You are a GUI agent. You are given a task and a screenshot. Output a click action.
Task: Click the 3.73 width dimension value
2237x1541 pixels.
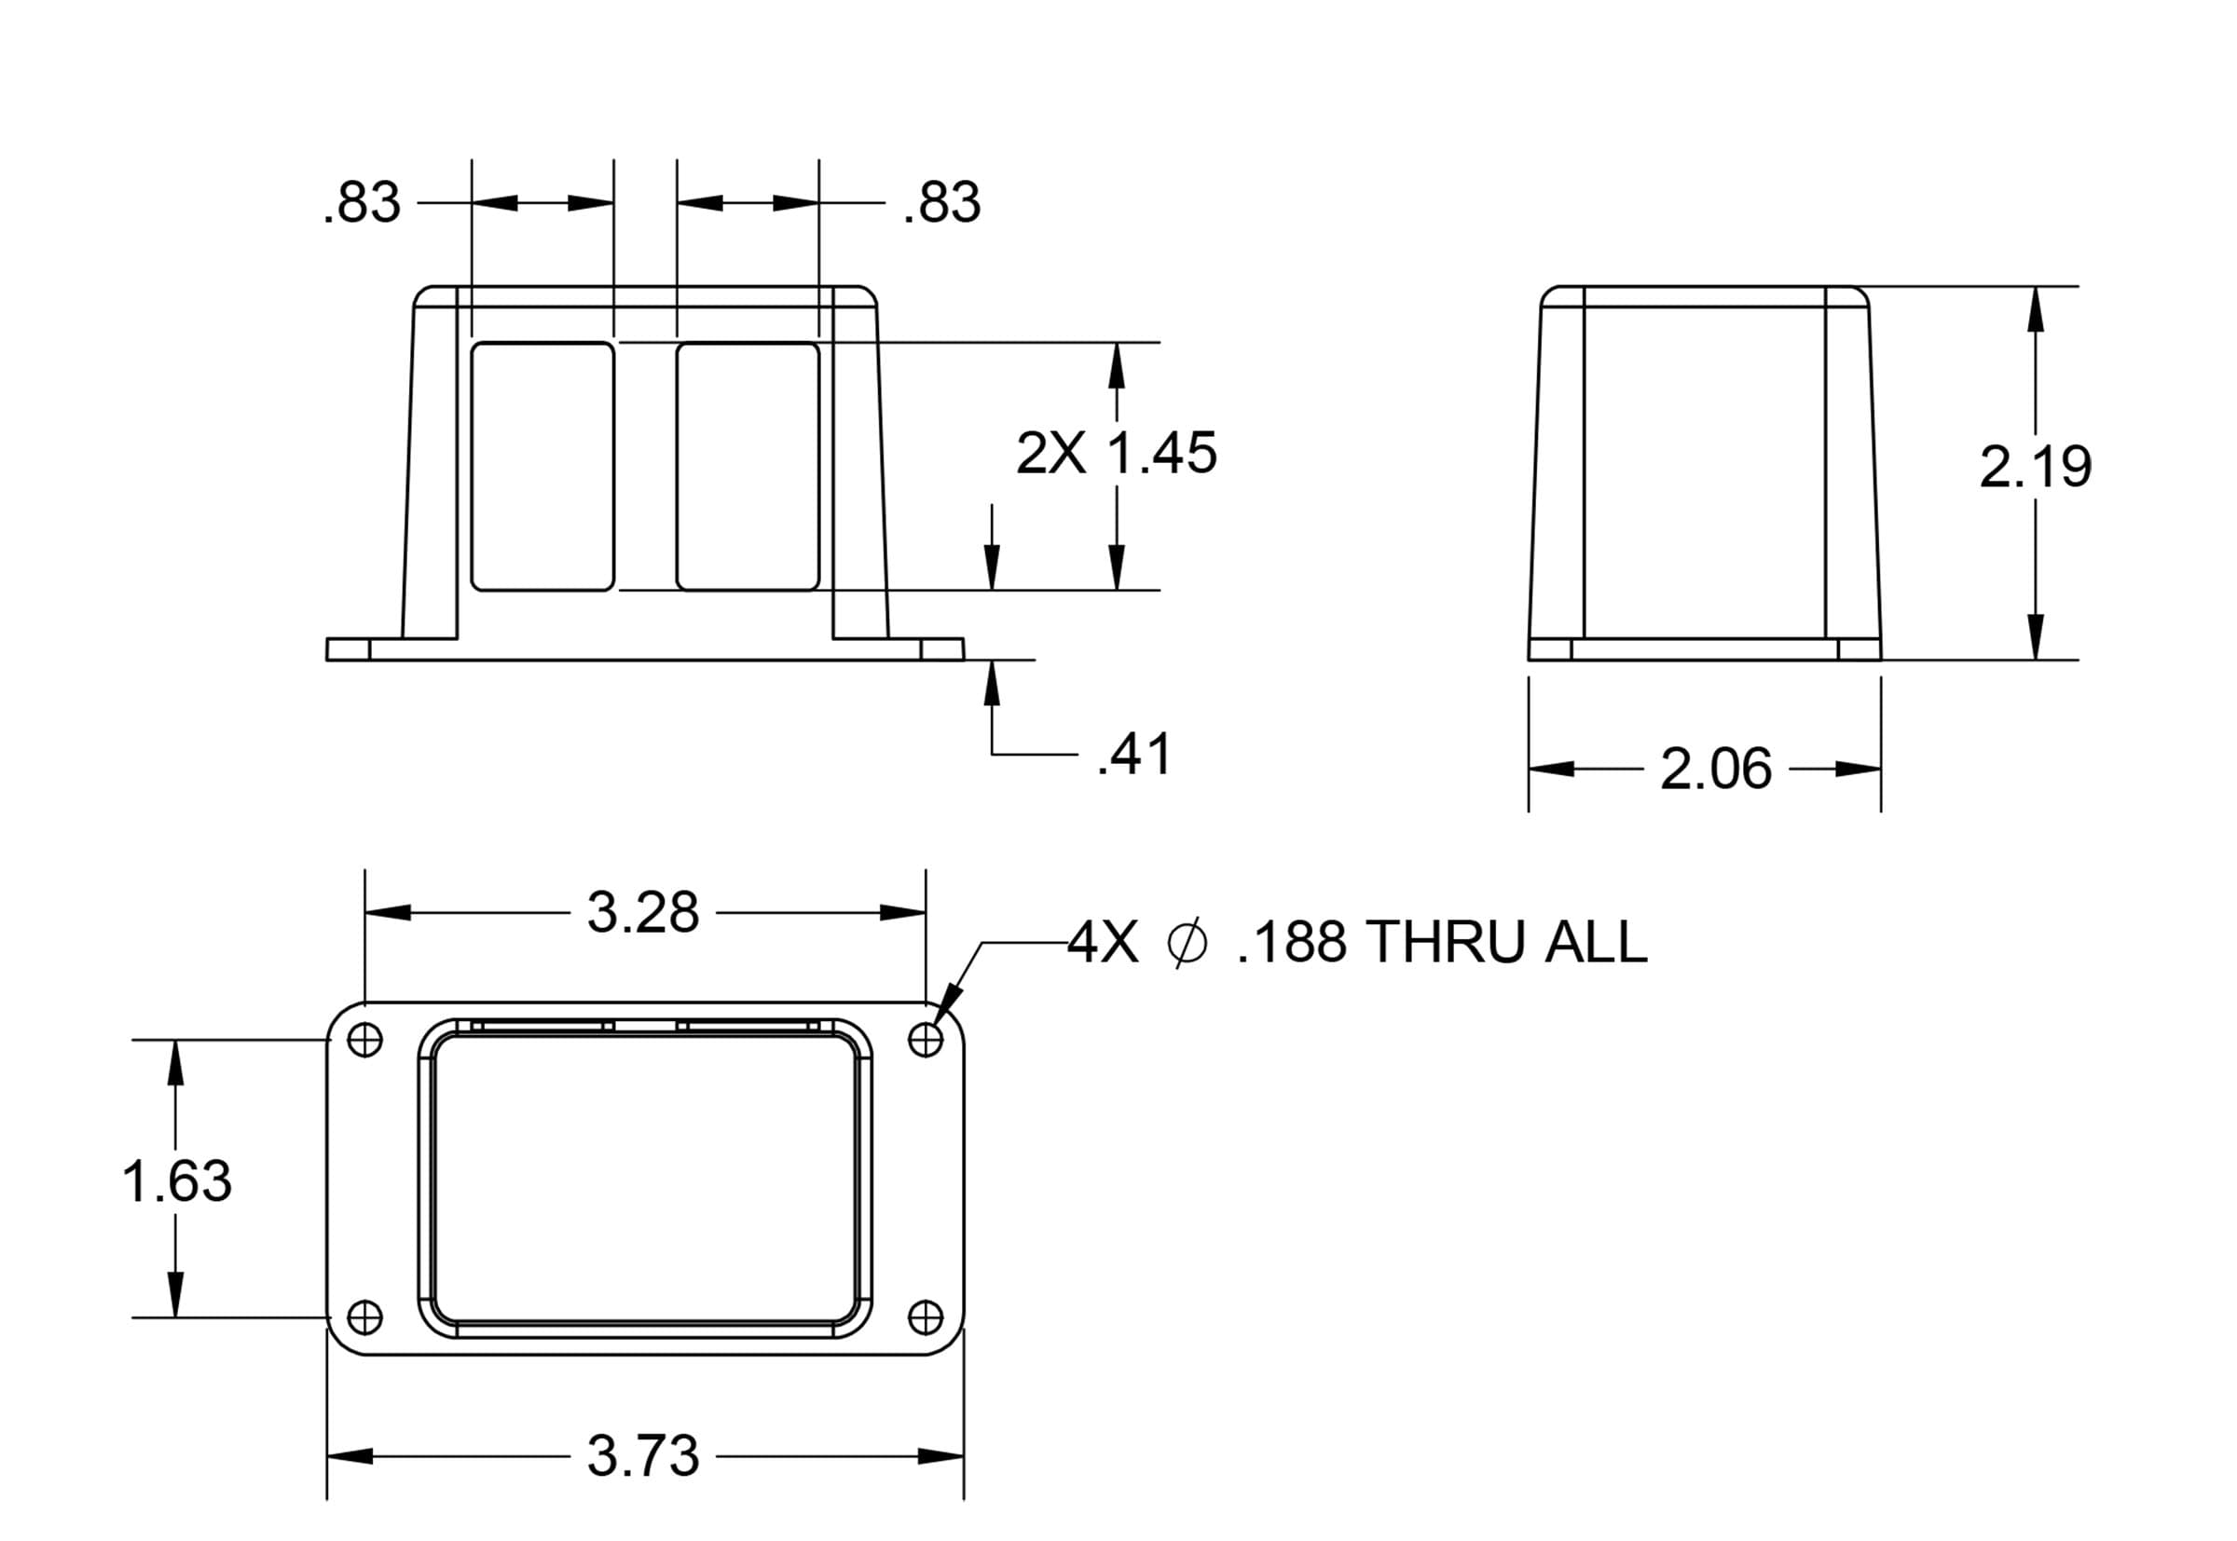(642, 1457)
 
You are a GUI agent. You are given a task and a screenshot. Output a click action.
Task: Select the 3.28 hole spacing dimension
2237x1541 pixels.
(642, 912)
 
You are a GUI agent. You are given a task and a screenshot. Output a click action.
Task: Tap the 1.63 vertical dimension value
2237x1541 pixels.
(177, 1180)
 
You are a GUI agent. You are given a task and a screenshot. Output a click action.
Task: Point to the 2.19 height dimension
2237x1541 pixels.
(2035, 468)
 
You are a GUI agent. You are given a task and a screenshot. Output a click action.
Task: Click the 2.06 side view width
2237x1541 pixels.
(1715, 770)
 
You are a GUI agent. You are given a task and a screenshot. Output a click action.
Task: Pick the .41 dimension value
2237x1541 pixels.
(1134, 754)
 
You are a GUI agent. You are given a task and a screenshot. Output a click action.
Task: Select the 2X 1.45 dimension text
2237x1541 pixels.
(1117, 453)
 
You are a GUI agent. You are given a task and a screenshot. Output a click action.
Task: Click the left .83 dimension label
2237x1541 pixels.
(363, 203)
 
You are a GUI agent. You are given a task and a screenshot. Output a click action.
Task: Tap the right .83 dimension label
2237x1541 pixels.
(941, 203)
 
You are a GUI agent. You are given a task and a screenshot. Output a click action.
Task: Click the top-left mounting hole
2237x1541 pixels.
(364, 1040)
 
